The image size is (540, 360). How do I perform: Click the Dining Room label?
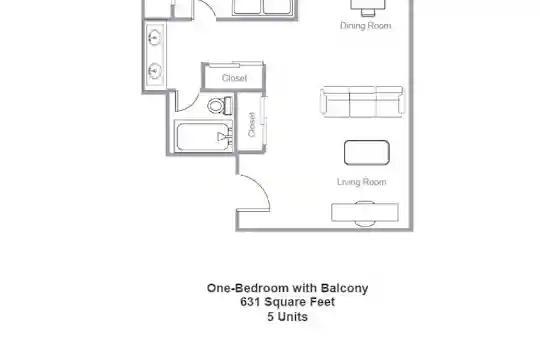365,25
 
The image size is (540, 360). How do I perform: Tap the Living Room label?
362,182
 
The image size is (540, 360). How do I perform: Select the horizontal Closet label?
235,78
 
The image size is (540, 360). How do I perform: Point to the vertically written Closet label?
252,124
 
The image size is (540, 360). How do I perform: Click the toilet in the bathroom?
220,106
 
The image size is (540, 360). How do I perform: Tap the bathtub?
204,136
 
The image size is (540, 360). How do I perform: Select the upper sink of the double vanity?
155,37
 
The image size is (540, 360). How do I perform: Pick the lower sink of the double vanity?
155,71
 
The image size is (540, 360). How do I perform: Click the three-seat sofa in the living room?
362,102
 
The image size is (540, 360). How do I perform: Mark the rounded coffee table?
367,152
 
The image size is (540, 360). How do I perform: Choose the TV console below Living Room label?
365,213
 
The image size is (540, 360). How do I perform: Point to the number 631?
250,302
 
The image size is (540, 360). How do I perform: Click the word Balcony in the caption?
344,288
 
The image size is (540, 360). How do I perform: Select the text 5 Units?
288,317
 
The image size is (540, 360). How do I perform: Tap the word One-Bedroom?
248,288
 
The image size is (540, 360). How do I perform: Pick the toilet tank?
228,106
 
